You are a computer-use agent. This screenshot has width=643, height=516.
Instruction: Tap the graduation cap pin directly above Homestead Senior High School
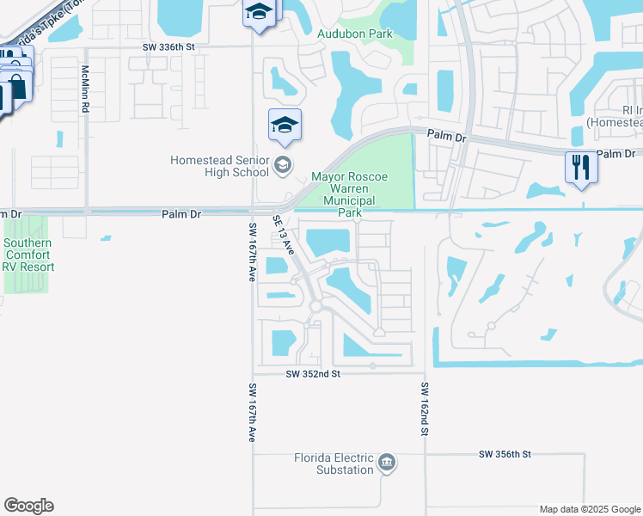(x=285, y=126)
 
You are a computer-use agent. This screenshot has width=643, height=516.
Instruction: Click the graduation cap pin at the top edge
(x=257, y=14)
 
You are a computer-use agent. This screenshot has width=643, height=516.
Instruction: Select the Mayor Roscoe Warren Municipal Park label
(x=349, y=194)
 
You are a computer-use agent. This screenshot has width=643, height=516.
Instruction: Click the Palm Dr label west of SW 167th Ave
(x=181, y=214)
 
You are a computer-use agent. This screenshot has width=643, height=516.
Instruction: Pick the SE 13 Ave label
(x=284, y=235)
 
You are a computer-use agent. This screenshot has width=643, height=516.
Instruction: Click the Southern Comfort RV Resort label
(x=28, y=255)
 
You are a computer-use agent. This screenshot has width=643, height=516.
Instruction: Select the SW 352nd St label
(x=313, y=374)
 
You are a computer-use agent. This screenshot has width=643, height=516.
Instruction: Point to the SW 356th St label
(x=505, y=453)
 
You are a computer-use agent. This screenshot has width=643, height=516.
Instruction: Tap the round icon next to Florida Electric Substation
(x=387, y=464)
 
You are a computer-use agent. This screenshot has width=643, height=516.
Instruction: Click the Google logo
(x=28, y=506)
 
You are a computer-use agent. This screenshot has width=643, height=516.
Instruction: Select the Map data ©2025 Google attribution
(x=589, y=509)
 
